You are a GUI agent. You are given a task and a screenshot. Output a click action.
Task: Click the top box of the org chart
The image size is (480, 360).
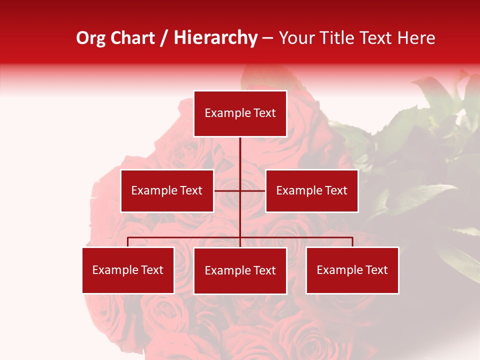pos(240,113)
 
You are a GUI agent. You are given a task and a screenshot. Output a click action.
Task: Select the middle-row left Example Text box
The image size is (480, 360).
pos(167,190)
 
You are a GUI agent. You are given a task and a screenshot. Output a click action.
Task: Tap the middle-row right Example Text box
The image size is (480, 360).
pos(311,190)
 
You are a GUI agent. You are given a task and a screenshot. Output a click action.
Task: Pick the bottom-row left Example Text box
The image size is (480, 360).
pos(128,270)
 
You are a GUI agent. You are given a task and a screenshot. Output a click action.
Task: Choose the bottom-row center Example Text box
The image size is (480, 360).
pos(240,270)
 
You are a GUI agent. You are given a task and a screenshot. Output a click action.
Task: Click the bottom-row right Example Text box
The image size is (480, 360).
pos(352,270)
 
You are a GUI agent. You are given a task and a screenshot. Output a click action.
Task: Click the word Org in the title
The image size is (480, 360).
pos(90,38)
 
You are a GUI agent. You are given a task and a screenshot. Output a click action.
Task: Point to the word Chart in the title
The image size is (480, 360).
pos(132,38)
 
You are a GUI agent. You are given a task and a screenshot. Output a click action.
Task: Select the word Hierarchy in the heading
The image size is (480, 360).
pos(215,38)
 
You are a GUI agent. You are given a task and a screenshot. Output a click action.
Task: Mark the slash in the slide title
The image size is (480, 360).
pos(164,38)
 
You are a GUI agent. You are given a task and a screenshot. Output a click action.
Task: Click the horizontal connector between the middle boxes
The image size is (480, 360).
pos(227,190)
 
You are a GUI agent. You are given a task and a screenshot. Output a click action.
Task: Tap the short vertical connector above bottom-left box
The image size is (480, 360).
pos(128,242)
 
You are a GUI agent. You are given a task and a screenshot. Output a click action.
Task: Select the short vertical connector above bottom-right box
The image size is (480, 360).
pos(352,242)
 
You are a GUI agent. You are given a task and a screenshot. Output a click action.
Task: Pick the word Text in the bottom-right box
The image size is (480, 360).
pos(376,270)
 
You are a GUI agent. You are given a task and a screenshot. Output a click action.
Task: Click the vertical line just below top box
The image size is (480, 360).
pos(240,150)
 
